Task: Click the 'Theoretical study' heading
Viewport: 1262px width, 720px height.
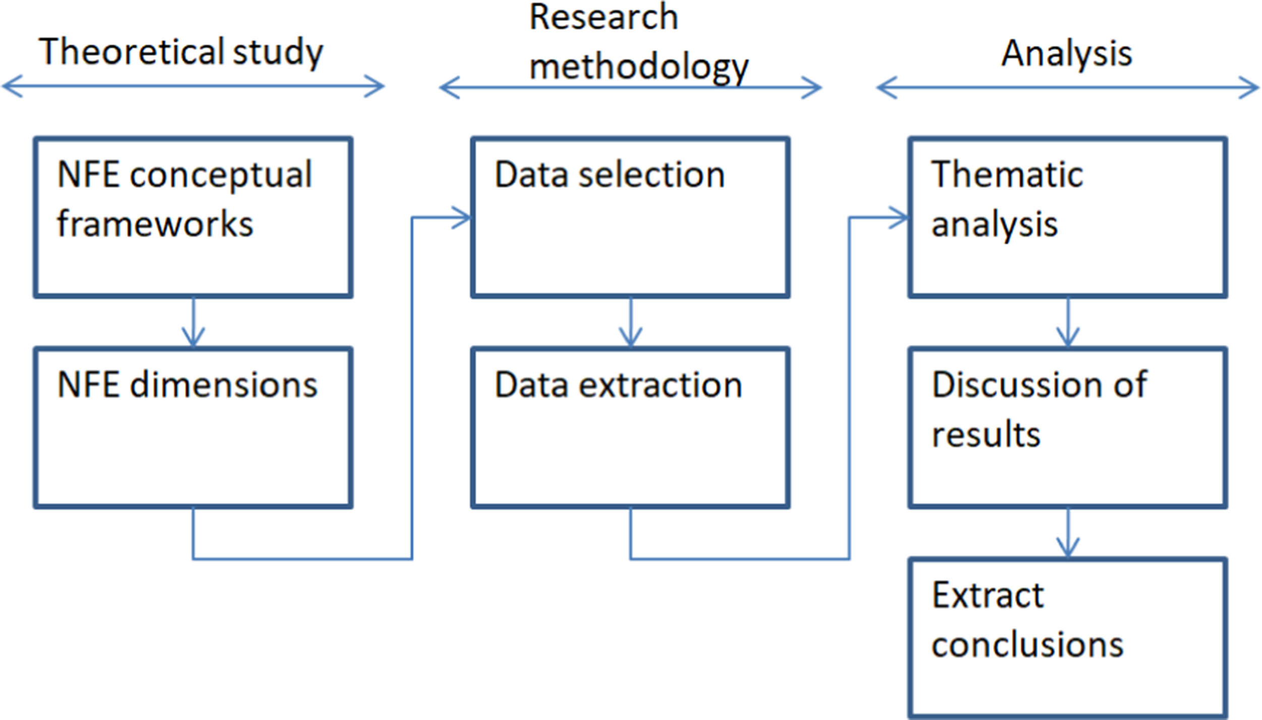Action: tap(181, 53)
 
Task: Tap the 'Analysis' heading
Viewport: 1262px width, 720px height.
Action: tap(1067, 53)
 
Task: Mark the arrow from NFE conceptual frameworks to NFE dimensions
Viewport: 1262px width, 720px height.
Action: tap(193, 323)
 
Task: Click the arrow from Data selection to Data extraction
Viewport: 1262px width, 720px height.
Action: tap(631, 323)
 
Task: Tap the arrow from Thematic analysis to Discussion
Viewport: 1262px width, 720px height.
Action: tap(1068, 323)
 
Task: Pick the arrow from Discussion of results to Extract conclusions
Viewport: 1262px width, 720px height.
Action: tap(1068, 533)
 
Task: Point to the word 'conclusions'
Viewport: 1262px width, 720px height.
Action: tap(1027, 645)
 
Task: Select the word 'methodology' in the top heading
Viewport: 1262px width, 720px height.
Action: tap(639, 67)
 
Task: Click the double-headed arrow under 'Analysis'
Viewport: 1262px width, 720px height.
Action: tap(1068, 87)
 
